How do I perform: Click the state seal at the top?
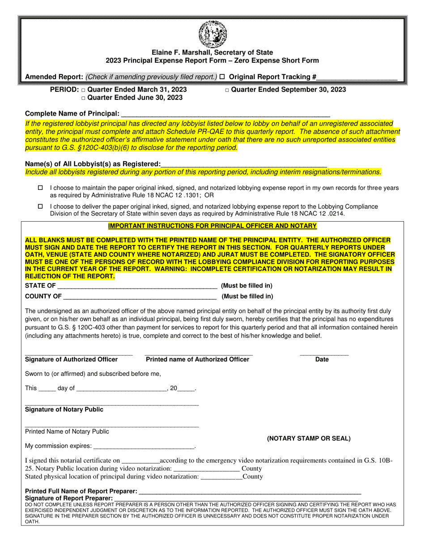[x=212, y=34]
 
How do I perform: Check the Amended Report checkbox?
[x=222, y=77]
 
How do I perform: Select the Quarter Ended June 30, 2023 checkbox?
[x=84, y=98]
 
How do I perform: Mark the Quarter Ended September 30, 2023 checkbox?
[x=227, y=90]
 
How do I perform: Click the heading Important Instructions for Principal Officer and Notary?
[x=212, y=226]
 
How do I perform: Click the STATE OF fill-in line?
[x=137, y=286]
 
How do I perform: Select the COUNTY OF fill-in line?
[x=140, y=296]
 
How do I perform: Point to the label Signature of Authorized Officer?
[x=72, y=359]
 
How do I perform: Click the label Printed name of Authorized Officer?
[x=198, y=359]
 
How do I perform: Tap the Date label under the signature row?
[x=322, y=359]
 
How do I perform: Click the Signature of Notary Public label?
[x=64, y=409]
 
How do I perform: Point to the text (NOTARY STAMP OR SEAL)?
[x=309, y=439]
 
